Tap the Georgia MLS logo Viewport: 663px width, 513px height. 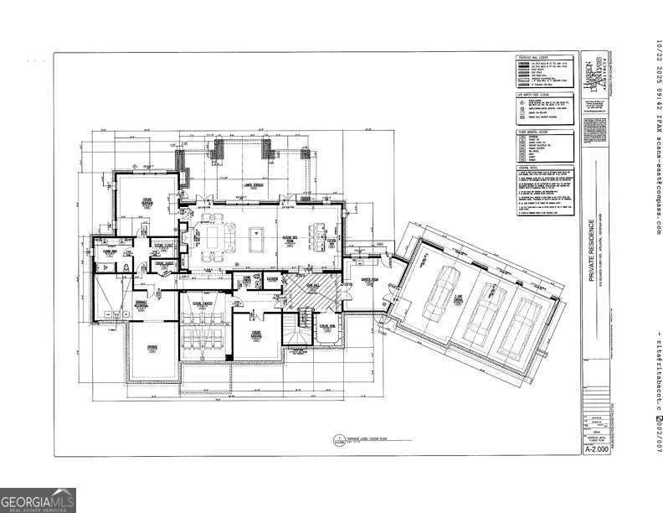pyautogui.click(x=38, y=500)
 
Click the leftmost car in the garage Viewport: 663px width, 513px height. pyautogui.click(x=439, y=294)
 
